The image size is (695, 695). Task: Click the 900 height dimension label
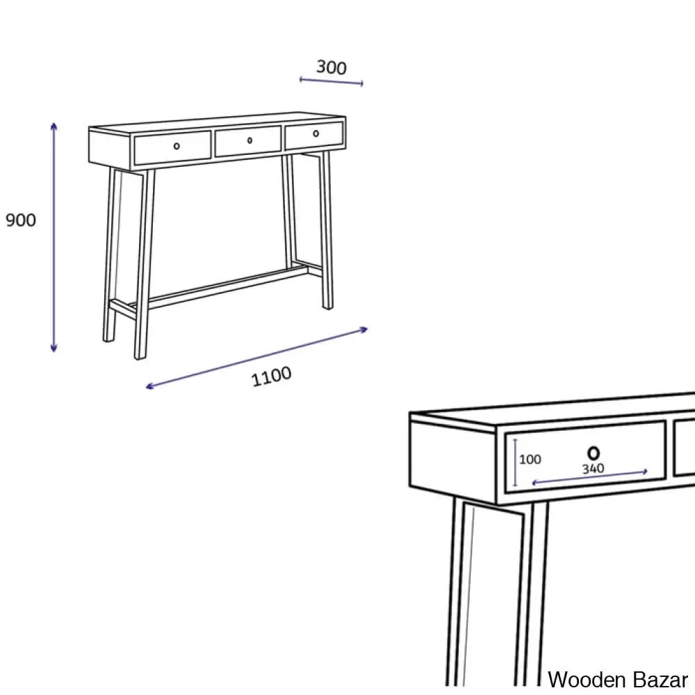point(21,220)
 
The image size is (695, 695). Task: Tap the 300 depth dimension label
point(332,67)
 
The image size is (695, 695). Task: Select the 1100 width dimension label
point(271,376)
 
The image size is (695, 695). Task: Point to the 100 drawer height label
point(530,459)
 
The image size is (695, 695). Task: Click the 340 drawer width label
point(593,468)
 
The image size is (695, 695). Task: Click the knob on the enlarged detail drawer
point(594,453)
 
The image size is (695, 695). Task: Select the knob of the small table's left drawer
point(177,146)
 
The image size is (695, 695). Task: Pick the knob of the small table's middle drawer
point(250,140)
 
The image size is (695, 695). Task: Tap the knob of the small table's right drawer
point(316,133)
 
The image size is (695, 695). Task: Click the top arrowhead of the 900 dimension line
point(54,126)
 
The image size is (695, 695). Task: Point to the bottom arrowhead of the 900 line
point(54,347)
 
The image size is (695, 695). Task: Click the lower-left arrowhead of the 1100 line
point(150,386)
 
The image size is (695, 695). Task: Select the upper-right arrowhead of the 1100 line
point(364,329)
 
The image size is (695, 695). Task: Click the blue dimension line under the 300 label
point(331,81)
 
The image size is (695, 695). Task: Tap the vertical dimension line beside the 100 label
point(515,462)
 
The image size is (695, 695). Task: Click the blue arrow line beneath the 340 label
point(589,477)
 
